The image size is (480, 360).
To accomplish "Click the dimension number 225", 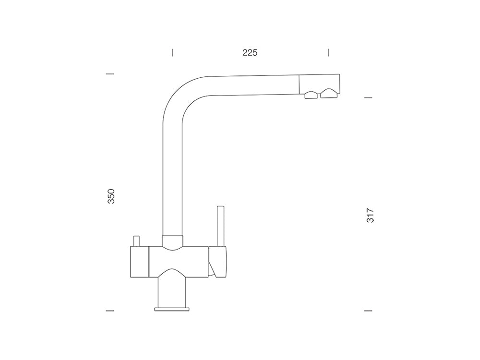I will point(250,53).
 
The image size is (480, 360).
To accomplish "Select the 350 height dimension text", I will point(111,197).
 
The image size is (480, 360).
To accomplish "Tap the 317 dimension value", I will point(370,215).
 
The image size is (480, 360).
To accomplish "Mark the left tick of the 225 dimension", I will point(172,52).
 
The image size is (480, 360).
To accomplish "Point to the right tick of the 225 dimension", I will point(329,52).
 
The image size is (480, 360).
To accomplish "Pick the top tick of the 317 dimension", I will point(369,97).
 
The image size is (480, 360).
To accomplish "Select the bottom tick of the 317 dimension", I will point(369,311).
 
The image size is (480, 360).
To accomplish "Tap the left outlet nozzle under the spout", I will point(311,95).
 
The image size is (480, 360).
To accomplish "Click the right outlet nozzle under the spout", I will point(329,93).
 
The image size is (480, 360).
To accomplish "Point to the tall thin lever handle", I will point(221,226).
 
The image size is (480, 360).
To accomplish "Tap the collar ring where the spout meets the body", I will point(172,242).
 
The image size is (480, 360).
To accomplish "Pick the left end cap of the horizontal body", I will point(139,262).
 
